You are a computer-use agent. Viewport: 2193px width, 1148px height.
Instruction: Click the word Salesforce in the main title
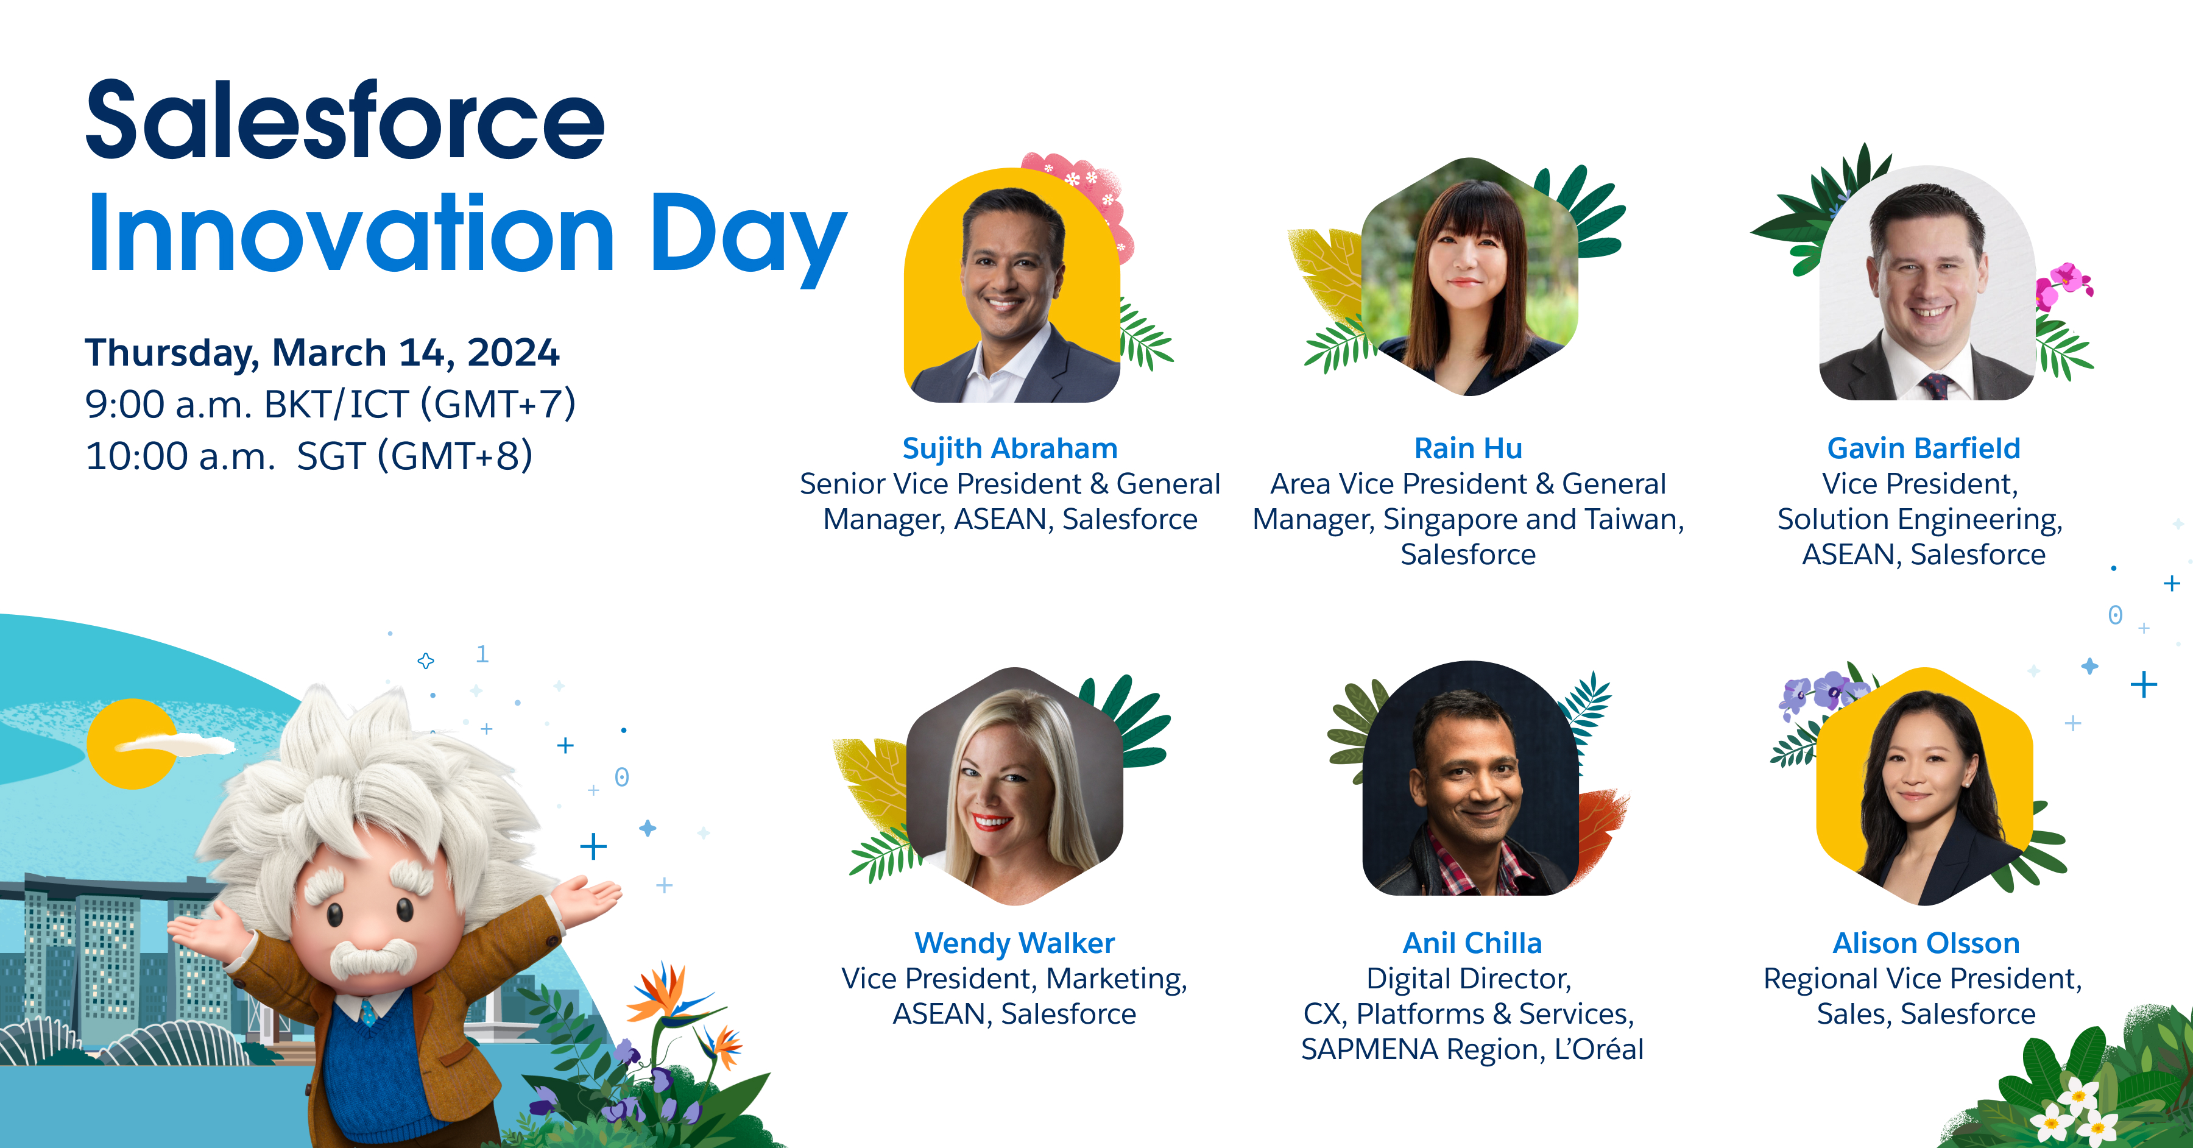(x=345, y=120)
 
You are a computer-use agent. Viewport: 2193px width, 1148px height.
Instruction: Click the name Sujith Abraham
(x=1009, y=448)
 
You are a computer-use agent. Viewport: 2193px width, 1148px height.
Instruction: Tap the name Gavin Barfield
(x=1924, y=448)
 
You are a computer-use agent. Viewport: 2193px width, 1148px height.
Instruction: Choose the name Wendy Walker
(x=1014, y=943)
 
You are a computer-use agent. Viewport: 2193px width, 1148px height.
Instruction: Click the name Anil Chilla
(x=1472, y=943)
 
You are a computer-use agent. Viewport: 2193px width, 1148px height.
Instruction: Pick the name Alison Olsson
(x=1926, y=943)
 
